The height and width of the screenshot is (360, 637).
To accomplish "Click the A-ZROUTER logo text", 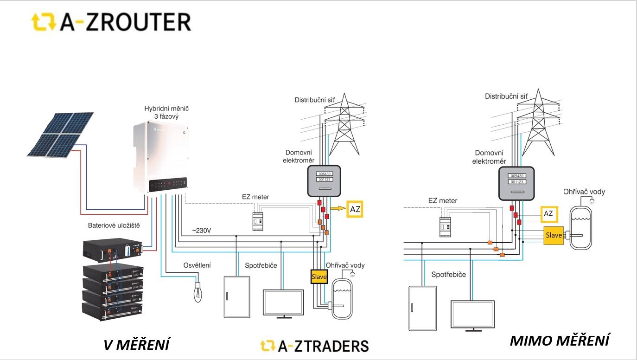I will [125, 22].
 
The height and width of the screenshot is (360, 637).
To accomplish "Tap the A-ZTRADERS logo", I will [315, 346].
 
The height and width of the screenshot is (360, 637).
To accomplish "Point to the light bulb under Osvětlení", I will [198, 292].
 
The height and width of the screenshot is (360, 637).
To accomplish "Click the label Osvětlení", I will [197, 265].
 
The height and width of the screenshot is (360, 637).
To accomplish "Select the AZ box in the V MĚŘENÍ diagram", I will [355, 209].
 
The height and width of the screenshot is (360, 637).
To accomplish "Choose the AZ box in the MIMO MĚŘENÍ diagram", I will [548, 214].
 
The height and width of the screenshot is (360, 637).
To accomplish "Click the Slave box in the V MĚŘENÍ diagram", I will [319, 277].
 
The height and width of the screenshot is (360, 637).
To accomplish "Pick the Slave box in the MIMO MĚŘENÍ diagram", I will [554, 236].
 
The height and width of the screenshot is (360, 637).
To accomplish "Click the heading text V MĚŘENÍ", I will [136, 345].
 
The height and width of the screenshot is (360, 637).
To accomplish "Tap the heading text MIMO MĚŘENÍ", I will [559, 341].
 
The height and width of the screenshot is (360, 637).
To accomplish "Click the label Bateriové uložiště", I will [114, 226].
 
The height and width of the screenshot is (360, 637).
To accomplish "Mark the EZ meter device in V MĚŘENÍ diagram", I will [256, 221].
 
